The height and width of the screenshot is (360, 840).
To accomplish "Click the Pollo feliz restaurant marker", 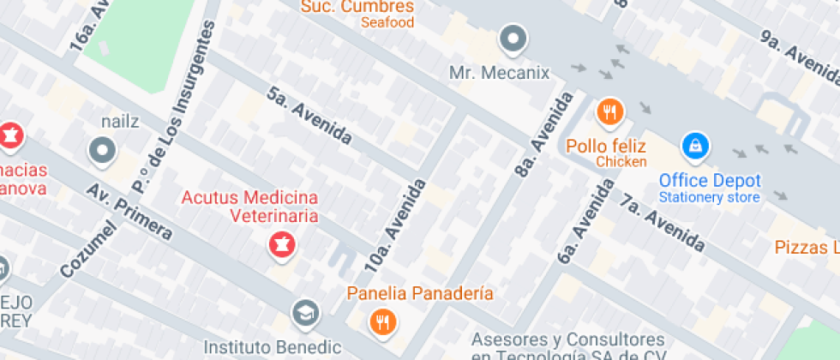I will coord(609,111).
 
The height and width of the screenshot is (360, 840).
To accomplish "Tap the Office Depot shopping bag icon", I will coord(695,146).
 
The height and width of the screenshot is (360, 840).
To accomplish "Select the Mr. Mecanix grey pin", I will coord(513,39).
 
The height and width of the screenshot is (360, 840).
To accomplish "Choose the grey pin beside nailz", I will coord(103,152).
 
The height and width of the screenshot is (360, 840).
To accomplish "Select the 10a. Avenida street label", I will coord(395,225).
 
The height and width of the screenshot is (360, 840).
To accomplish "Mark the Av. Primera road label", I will coord(129,211).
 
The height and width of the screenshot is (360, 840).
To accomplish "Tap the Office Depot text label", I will coord(709,181).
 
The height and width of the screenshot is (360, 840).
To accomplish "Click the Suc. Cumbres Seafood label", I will coord(357,7).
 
